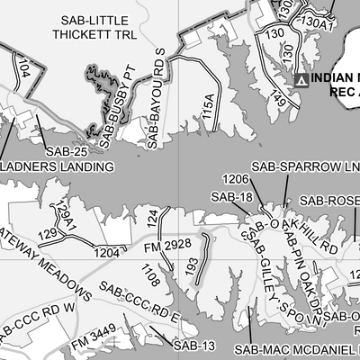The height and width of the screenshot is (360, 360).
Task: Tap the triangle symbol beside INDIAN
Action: click(301, 81)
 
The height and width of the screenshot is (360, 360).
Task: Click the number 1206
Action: click(236, 180)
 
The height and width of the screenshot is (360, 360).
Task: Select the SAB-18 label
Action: click(230, 196)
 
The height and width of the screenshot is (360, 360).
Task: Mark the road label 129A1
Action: click(63, 214)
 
